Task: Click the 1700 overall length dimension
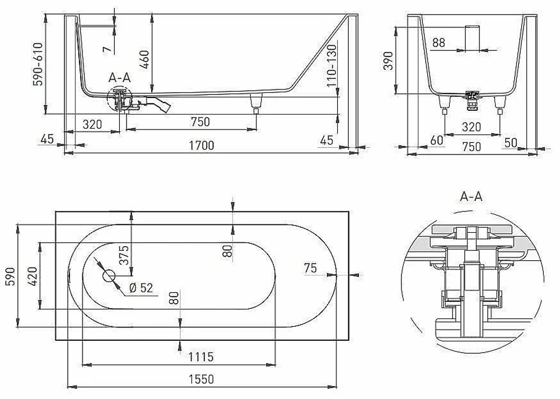point(202,145)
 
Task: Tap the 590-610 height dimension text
point(38,64)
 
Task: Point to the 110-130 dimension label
point(332,65)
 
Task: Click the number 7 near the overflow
point(107,49)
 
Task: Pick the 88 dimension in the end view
point(438,43)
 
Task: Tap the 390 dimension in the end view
point(388,60)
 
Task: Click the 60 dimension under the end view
point(436,140)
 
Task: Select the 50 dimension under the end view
point(510,142)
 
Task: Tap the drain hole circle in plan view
point(109,275)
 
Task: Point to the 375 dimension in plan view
point(124,255)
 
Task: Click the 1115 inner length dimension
point(201,356)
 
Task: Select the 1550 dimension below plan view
point(202,379)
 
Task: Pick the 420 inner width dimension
point(32,276)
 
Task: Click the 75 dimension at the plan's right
point(311,267)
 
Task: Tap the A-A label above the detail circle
point(471,196)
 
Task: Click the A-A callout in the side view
point(120,77)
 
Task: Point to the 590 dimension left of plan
point(10,276)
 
